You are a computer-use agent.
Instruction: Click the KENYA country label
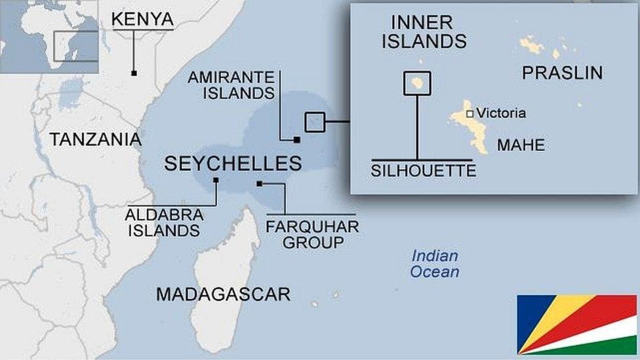pyautogui.click(x=142, y=20)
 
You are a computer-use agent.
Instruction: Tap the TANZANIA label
pyautogui.click(x=96, y=139)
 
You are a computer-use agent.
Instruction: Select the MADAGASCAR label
pyautogui.click(x=223, y=294)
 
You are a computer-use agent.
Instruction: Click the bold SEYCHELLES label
pyautogui.click(x=233, y=163)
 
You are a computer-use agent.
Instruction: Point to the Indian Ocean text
pyautogui.click(x=435, y=264)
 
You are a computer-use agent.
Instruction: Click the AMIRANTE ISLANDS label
pyautogui.click(x=231, y=85)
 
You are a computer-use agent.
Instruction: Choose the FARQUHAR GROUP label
pyautogui.click(x=312, y=234)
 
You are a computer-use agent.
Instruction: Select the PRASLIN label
pyautogui.click(x=562, y=73)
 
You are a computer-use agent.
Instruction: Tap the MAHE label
pyautogui.click(x=521, y=145)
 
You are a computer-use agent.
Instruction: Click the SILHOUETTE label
pyautogui.click(x=423, y=170)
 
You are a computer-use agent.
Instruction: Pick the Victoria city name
pyautogui.click(x=501, y=113)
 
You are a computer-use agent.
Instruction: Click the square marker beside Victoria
pyautogui.click(x=470, y=113)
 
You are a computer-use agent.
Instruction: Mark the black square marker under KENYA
pyautogui.click(x=134, y=73)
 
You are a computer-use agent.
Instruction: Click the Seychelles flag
pyautogui.click(x=576, y=324)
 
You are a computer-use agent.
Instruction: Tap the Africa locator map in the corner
pyautogui.click(x=49, y=36)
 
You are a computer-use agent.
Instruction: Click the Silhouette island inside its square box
pyautogui.click(x=417, y=83)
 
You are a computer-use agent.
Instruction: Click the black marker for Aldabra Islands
pyautogui.click(x=216, y=180)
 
